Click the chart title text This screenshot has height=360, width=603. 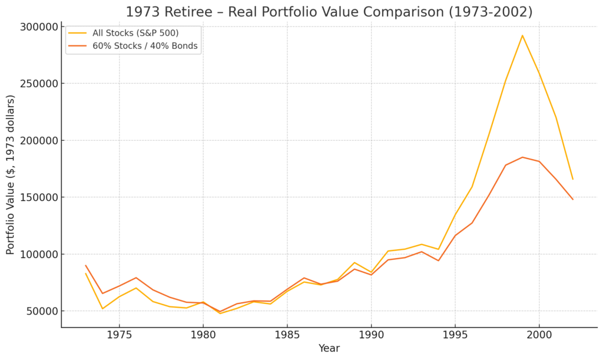[329, 12]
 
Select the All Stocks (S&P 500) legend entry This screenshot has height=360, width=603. [135, 33]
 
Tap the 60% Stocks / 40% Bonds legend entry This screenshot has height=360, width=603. [145, 47]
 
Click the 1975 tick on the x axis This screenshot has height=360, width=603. [119, 335]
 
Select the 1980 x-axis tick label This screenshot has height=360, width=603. [203, 335]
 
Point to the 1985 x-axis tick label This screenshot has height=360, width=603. [287, 335]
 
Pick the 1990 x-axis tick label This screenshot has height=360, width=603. [371, 335]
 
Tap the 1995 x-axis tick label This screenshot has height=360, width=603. [455, 335]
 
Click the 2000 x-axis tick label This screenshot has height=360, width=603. [539, 335]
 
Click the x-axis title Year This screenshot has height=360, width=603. [329, 349]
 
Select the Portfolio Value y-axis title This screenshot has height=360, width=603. [11, 174]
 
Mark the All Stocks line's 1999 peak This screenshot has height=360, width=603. [522, 35]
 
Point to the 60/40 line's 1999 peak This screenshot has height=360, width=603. [522, 157]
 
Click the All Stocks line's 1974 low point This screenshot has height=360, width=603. [102, 309]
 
